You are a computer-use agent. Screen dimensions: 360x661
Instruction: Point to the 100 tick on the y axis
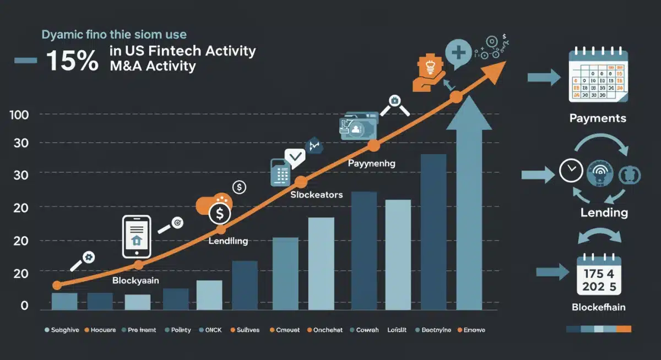click(20, 114)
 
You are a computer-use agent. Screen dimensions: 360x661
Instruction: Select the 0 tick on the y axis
click(24, 306)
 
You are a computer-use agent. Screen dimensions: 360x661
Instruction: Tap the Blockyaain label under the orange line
click(136, 280)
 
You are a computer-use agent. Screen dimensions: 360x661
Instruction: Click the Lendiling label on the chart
click(228, 241)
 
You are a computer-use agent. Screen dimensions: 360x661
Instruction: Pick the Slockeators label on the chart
click(316, 195)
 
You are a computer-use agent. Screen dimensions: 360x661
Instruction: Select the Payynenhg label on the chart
click(371, 163)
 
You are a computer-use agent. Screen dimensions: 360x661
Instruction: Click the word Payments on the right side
click(598, 118)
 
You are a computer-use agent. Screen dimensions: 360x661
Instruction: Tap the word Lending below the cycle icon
click(604, 213)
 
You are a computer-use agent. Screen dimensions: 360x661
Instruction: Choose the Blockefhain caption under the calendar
click(598, 307)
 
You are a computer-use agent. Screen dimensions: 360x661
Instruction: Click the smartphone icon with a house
click(136, 237)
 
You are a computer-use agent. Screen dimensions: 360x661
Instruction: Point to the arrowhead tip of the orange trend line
click(503, 63)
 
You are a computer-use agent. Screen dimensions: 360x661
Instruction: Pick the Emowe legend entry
click(473, 330)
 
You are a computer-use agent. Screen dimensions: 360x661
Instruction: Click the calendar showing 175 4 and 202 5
click(598, 275)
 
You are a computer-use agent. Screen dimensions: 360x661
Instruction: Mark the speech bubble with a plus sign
click(457, 55)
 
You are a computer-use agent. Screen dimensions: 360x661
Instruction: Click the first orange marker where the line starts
click(57, 285)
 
